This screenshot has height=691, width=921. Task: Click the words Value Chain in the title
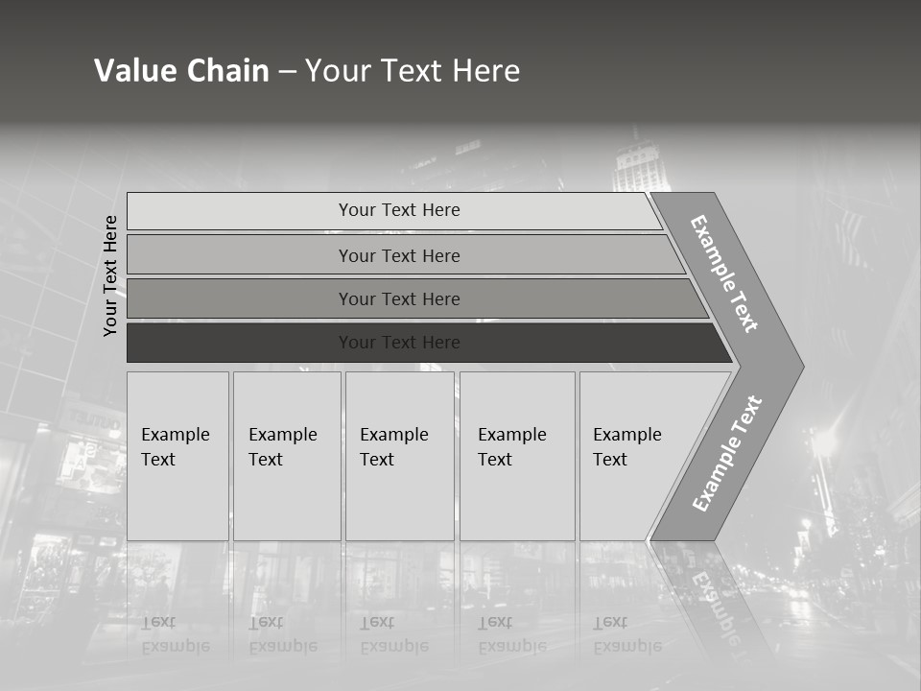(x=181, y=71)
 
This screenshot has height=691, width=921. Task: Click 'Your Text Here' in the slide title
(x=413, y=71)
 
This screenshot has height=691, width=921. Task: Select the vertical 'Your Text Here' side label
(x=110, y=275)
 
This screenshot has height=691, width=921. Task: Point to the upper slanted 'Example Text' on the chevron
(x=724, y=274)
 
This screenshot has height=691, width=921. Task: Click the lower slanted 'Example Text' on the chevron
(x=726, y=454)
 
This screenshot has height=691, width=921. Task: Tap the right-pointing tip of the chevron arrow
(x=798, y=366)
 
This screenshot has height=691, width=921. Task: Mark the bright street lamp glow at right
(x=823, y=441)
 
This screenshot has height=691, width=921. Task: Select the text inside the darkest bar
(x=399, y=343)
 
